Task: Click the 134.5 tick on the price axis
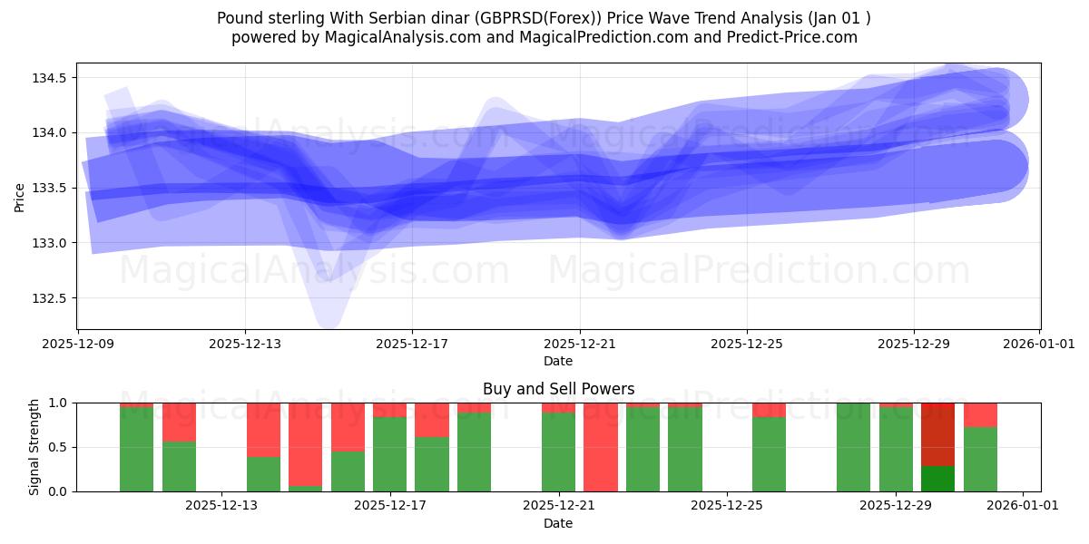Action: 50,78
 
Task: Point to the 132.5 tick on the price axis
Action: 50,298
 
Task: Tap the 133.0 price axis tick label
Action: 50,243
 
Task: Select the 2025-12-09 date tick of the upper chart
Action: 78,345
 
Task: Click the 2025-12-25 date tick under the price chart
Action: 747,345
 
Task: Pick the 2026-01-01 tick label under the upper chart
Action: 1039,345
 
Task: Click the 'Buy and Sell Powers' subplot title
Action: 558,389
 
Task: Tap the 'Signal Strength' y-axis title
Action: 34,447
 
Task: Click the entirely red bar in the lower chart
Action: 601,447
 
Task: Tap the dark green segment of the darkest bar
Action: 938,479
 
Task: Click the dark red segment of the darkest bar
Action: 938,433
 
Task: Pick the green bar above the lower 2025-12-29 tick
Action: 896,450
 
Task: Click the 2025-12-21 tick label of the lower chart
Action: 558,505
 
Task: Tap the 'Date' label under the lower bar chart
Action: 558,523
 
